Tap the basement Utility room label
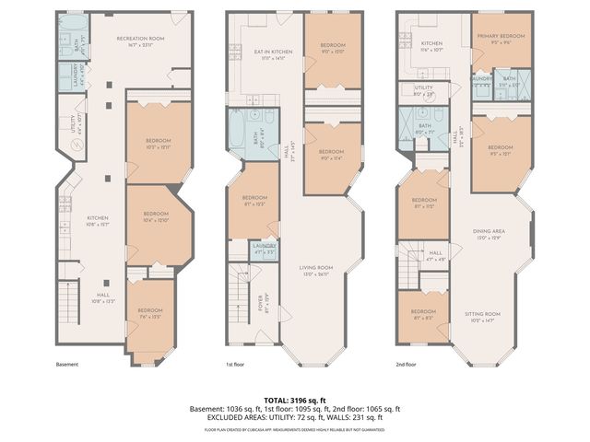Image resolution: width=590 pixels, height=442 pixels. pyautogui.click(x=77, y=120)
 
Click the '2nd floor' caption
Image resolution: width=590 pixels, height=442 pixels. pyautogui.click(x=407, y=364)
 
